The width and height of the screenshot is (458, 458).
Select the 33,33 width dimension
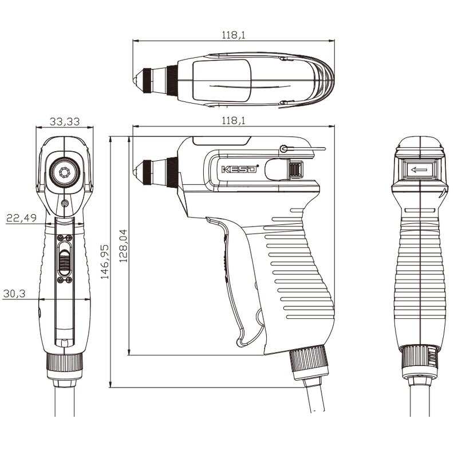click(x=65, y=121)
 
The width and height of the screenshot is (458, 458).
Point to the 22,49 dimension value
click(x=21, y=218)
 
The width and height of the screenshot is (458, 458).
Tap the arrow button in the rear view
click(x=419, y=169)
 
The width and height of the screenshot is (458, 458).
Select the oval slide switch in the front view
click(x=65, y=259)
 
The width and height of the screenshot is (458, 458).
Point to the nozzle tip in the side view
click(x=138, y=170)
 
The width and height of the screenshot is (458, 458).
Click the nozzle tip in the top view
click(x=138, y=76)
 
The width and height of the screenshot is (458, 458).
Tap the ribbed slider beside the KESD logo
click(x=294, y=170)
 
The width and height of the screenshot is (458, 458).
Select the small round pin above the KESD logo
click(x=283, y=149)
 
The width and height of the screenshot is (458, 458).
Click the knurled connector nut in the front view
click(x=65, y=362)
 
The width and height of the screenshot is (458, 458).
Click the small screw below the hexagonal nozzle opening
click(x=64, y=204)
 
